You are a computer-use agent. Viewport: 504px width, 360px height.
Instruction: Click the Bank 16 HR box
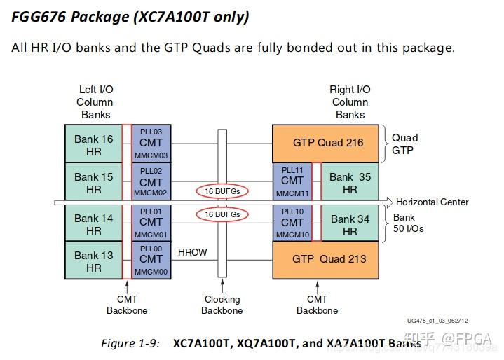pyautogui.click(x=93, y=144)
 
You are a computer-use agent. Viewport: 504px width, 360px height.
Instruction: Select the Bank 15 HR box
pyautogui.click(x=93, y=183)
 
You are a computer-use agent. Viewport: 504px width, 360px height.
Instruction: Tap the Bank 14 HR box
pyautogui.click(x=93, y=224)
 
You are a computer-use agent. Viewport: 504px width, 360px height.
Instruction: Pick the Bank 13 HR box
pyautogui.click(x=93, y=261)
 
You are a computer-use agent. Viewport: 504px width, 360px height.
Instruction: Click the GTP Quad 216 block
pyautogui.click(x=327, y=143)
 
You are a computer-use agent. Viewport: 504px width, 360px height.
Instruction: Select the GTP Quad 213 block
pyautogui.click(x=327, y=259)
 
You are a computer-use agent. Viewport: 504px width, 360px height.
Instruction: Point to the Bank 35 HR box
pyautogui.click(x=350, y=183)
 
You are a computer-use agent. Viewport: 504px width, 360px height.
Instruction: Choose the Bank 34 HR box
pyautogui.click(x=350, y=225)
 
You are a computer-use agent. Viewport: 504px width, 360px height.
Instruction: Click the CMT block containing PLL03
pyautogui.click(x=151, y=144)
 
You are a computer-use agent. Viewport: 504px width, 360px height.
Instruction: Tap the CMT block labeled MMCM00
pyautogui.click(x=151, y=261)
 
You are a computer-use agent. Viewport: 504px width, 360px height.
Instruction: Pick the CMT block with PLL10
pyautogui.click(x=292, y=223)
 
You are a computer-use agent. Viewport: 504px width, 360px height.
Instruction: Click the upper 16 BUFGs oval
pyautogui.click(x=222, y=191)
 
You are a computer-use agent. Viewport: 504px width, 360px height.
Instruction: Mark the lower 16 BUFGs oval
pyautogui.click(x=222, y=214)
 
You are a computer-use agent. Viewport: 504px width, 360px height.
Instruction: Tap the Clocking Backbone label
pyautogui.click(x=222, y=305)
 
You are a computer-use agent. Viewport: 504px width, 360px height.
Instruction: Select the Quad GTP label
pyautogui.click(x=404, y=144)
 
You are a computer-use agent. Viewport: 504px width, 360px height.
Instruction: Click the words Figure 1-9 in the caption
pyautogui.click(x=130, y=344)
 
